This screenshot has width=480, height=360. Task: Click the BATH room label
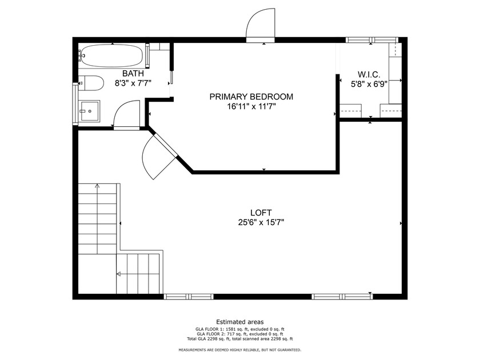pyautogui.click(x=133, y=74)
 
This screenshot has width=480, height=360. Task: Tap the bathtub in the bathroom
pyautogui.click(x=111, y=55)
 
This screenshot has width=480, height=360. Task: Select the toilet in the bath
pyautogui.click(x=91, y=83)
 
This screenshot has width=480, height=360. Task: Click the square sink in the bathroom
pyautogui.click(x=89, y=111)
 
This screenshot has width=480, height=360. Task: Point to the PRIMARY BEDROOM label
pyautogui.click(x=251, y=97)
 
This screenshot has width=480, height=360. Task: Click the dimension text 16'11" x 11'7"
pyautogui.click(x=251, y=106)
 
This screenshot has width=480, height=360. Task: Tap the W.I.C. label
pyautogui.click(x=370, y=74)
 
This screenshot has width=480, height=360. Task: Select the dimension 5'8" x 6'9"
pyautogui.click(x=370, y=83)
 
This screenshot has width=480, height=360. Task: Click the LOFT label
pyautogui.click(x=262, y=213)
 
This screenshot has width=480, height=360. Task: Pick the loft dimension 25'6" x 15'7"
pyautogui.click(x=262, y=222)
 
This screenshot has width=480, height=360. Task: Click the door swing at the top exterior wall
pyautogui.click(x=261, y=26)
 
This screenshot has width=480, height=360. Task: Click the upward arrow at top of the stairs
pyautogui.click(x=98, y=186)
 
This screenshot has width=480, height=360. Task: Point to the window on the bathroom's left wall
pyautogui.click(x=74, y=103)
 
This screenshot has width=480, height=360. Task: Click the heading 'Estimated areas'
pyautogui.click(x=239, y=322)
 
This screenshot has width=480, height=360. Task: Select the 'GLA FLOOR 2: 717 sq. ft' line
pyautogui.click(x=239, y=335)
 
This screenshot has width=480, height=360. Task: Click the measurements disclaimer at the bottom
pyautogui.click(x=239, y=350)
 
